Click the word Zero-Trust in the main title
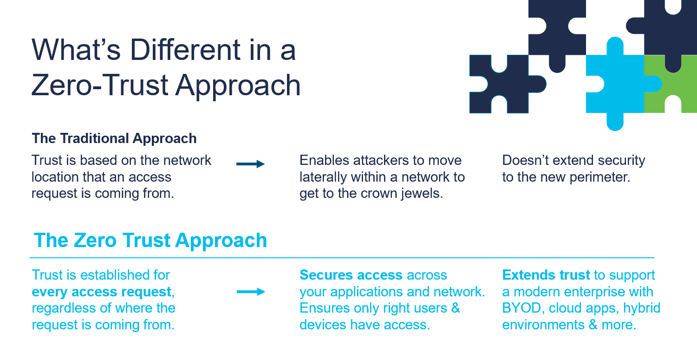(98, 85)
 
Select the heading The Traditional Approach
(114, 138)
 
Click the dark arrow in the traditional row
(250, 164)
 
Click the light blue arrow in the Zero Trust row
(250, 292)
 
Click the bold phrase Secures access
(351, 275)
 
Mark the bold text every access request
(102, 292)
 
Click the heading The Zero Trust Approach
(150, 241)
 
